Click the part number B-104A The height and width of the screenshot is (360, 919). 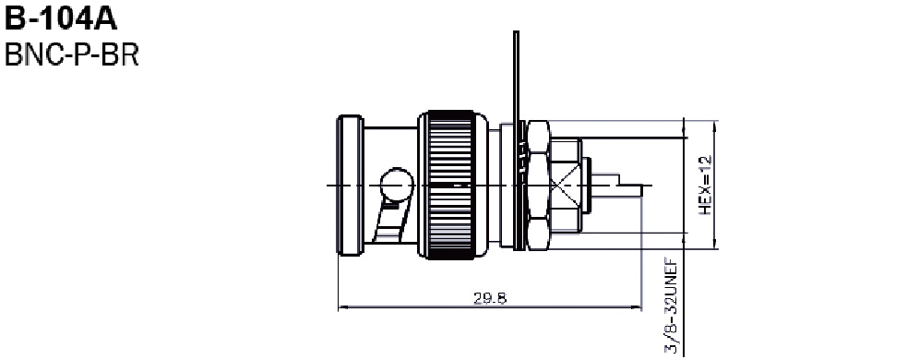(61, 18)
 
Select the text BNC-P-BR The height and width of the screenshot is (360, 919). (71, 55)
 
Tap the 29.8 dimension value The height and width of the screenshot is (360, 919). (490, 298)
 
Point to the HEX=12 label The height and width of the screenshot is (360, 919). (705, 185)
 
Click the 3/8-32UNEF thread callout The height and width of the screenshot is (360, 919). (671, 306)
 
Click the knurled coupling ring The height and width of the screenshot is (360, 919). (452, 185)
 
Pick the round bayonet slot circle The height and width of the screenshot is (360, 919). (397, 184)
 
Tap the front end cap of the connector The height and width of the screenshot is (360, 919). (351, 186)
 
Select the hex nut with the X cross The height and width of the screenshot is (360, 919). (565, 186)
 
